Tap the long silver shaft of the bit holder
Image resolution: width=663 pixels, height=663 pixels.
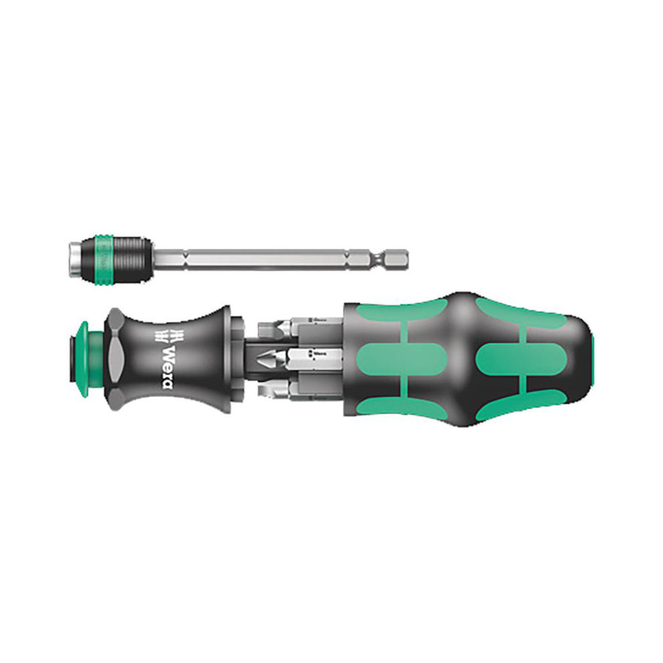pyautogui.click(x=265, y=259)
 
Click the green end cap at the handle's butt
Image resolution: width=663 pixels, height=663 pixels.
pyautogui.click(x=592, y=358)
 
